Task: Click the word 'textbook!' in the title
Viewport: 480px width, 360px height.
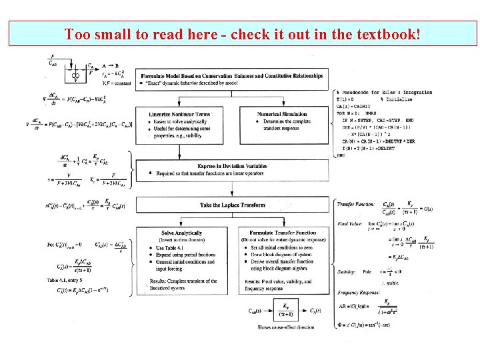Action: [388, 33]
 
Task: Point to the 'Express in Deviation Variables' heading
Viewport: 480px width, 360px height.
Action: [233, 166]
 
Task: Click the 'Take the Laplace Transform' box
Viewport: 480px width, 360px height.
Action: [233, 205]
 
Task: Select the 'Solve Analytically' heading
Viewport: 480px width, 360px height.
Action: [181, 232]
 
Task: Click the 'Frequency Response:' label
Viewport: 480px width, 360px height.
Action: [358, 293]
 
